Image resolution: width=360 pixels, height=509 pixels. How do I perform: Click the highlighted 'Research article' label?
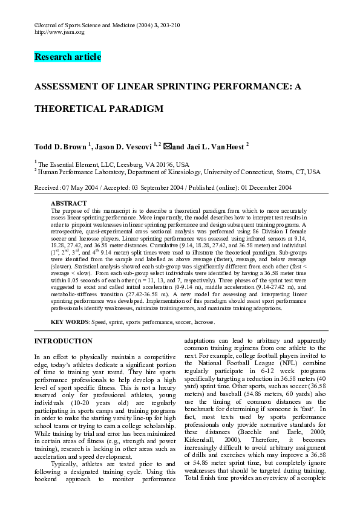68,57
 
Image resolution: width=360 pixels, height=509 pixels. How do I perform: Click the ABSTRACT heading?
69,204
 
